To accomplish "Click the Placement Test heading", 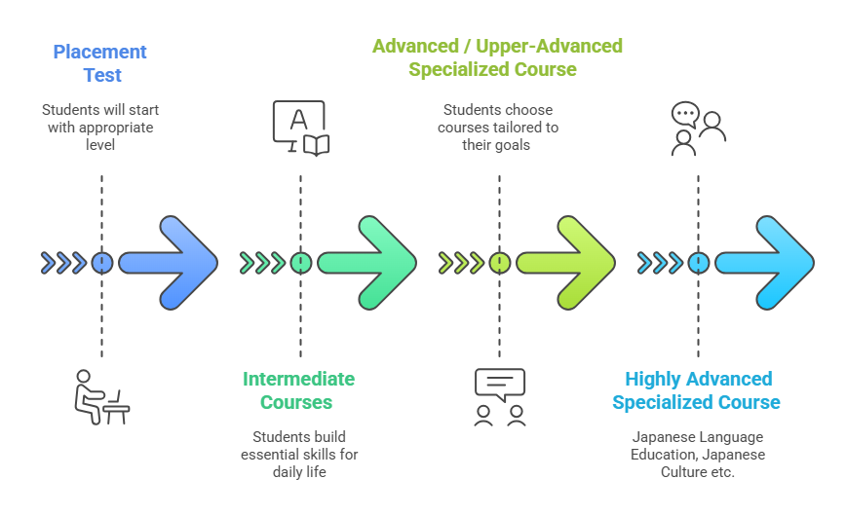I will point(100,63).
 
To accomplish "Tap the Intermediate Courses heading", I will point(298,390).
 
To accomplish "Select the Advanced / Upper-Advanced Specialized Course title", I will point(497,57).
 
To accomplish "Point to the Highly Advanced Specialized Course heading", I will point(697,390).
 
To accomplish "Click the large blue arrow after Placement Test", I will point(168,263).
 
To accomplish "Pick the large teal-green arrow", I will point(366,263).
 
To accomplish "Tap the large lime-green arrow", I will point(565,263).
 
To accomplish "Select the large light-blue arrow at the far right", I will point(764,263).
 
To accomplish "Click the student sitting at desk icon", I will point(101,397).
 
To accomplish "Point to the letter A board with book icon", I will point(300,128).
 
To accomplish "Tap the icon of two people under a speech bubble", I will point(499,397).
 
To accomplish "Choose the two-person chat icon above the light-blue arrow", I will point(698,129).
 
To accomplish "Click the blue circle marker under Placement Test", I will point(101,263).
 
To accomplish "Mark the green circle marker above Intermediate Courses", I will point(300,263).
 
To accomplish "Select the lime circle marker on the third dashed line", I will point(499,263).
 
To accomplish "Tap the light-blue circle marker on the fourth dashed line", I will point(698,263).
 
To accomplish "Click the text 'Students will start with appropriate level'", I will point(100,128).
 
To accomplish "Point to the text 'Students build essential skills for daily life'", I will point(298,455).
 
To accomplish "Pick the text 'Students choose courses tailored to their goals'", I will point(497,128).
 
